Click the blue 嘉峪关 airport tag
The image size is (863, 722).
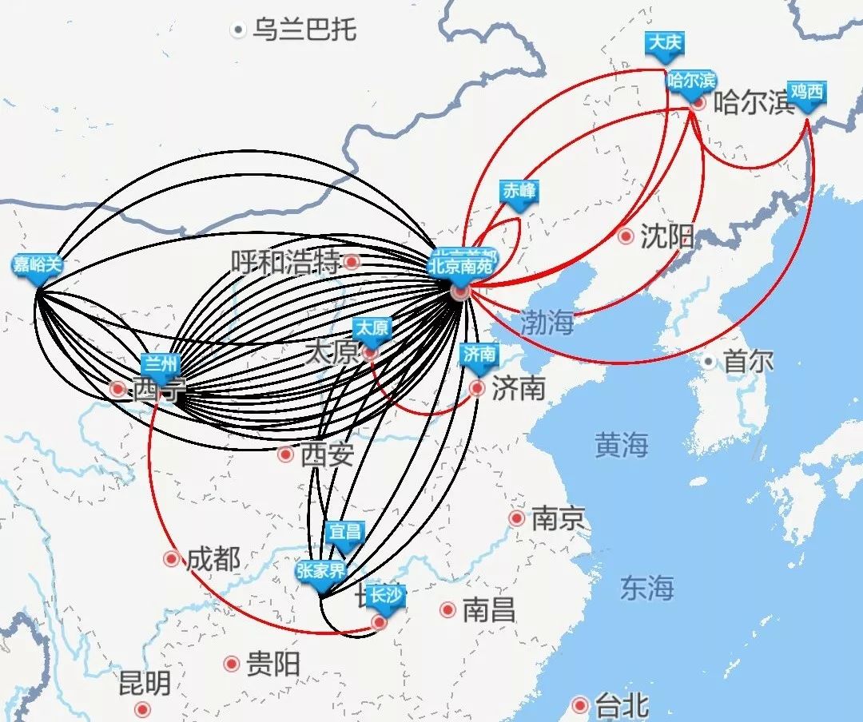tap(37, 265)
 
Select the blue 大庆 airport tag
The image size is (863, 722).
tap(666, 43)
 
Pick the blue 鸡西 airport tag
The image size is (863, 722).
tap(805, 92)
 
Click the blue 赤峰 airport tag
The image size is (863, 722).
tap(519, 192)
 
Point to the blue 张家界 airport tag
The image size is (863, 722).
tap(320, 572)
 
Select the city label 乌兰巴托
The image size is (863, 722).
tap(304, 30)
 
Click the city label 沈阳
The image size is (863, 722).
tap(667, 237)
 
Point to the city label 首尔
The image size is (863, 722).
tap(748, 362)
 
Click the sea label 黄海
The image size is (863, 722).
tap(621, 445)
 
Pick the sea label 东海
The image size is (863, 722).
tap(646, 588)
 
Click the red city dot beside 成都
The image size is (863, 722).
tap(171, 559)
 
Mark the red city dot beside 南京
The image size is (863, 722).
tap(517, 518)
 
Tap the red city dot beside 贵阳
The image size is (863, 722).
tap(232, 664)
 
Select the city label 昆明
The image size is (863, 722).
tap(145, 684)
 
